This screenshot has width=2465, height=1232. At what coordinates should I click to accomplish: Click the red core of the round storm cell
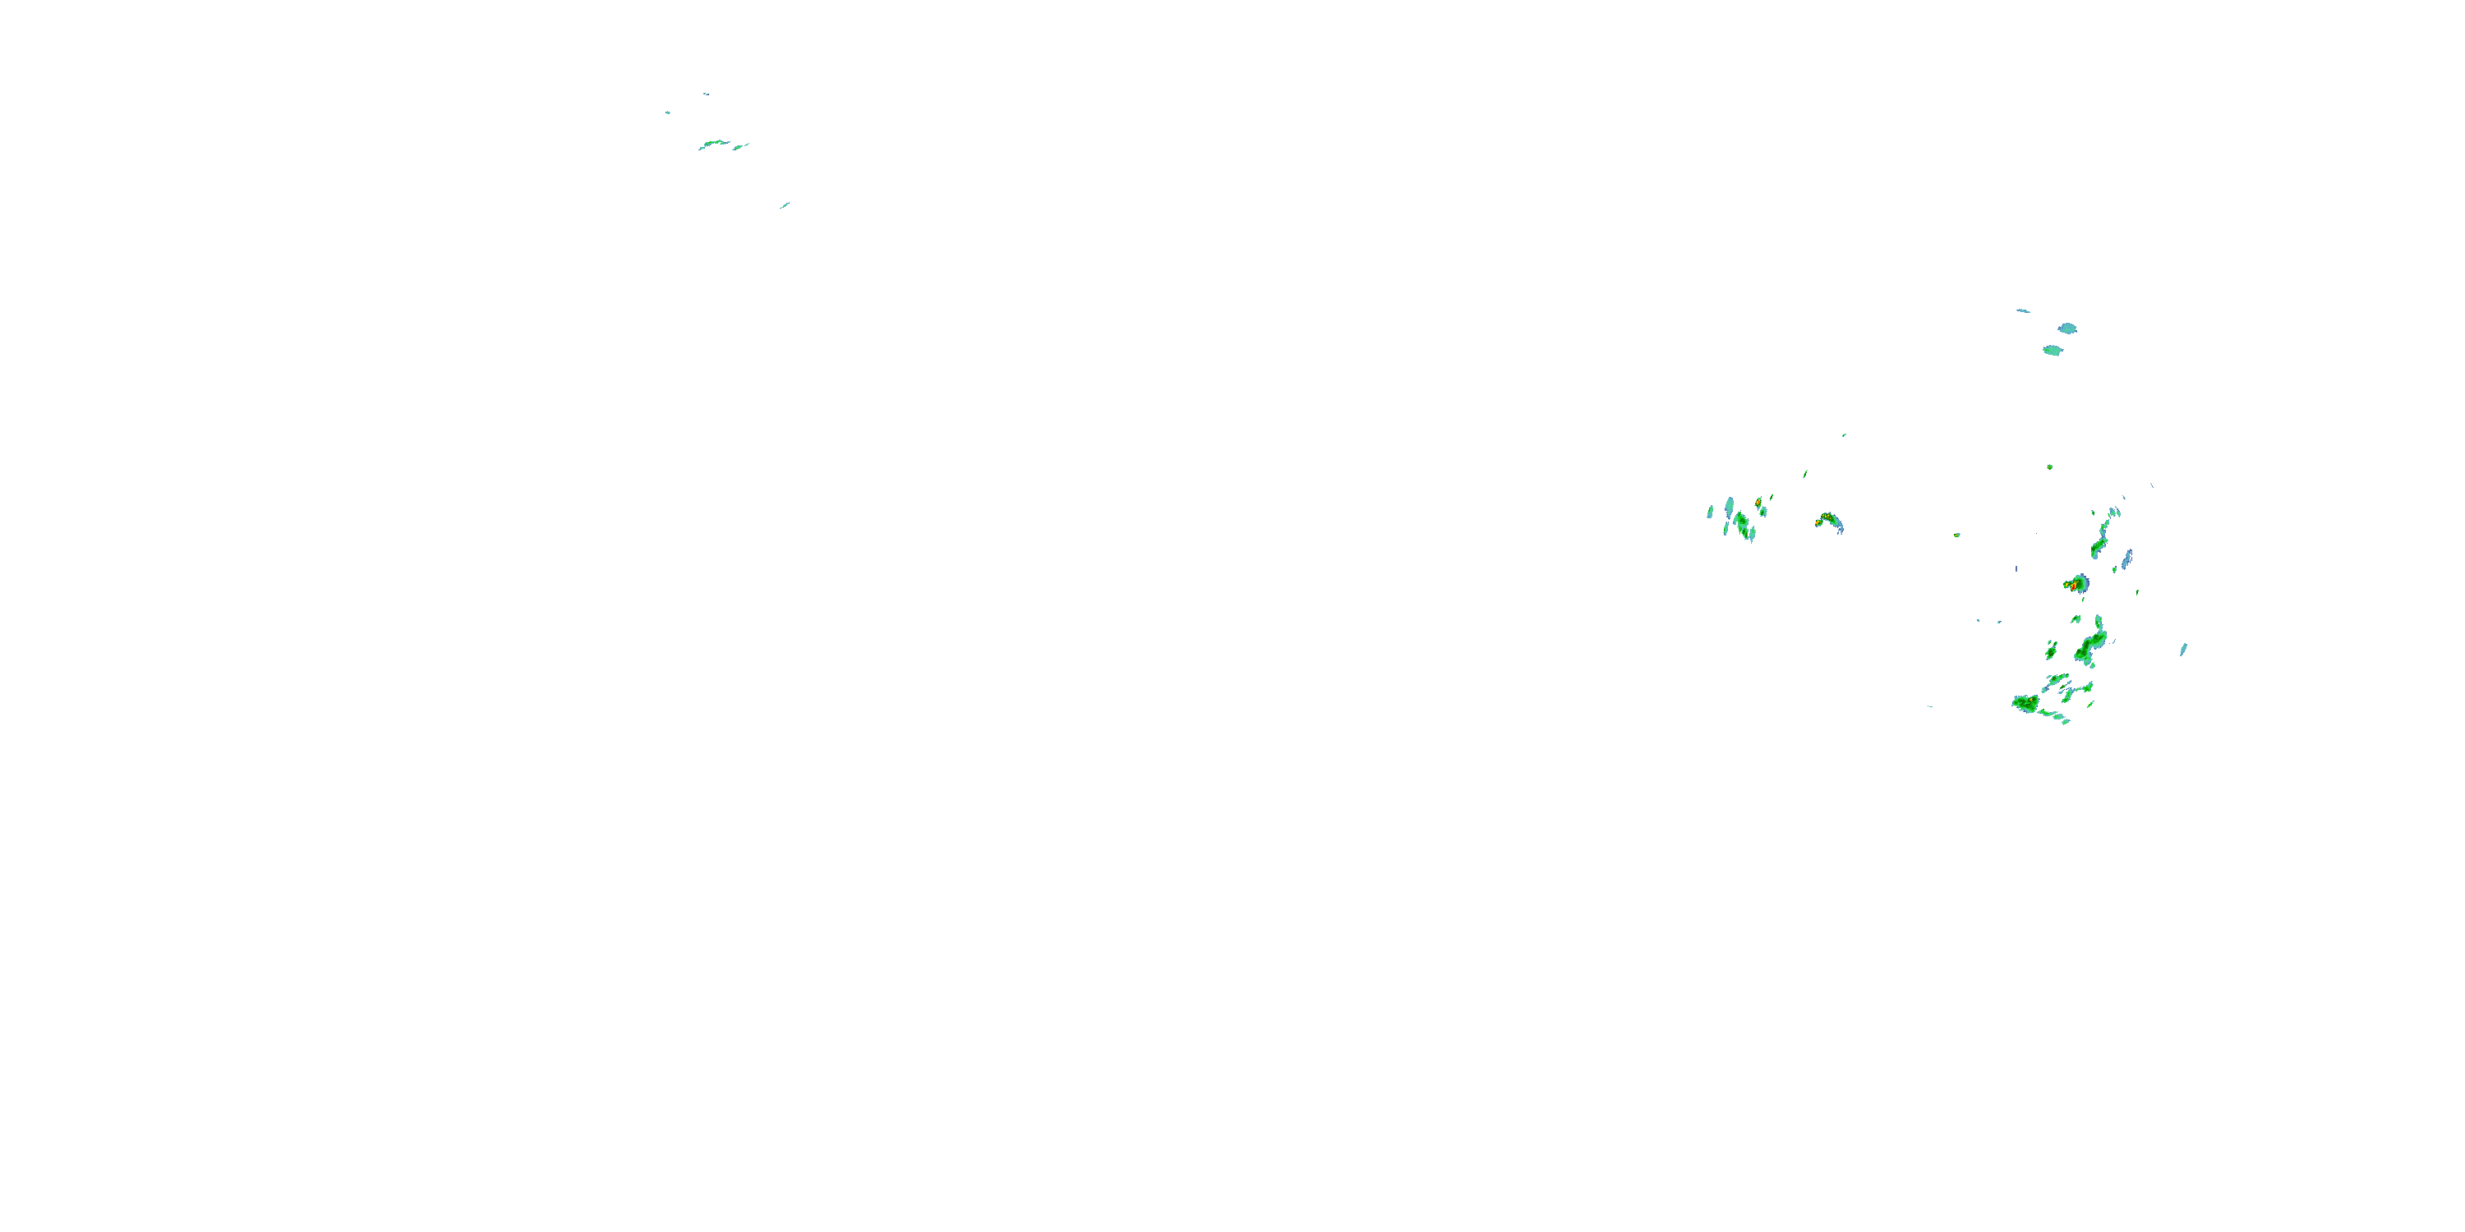pyautogui.click(x=2073, y=583)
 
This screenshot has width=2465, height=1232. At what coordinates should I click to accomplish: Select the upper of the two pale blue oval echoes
pyautogui.click(x=2068, y=328)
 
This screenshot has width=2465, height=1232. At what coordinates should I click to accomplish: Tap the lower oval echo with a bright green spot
pyautogui.click(x=2053, y=350)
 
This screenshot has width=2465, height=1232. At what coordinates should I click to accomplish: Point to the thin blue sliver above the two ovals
pyautogui.click(x=2023, y=310)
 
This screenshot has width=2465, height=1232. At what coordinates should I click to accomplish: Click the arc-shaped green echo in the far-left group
pyautogui.click(x=714, y=145)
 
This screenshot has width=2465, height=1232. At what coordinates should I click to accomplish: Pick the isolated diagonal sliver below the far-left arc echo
pyautogui.click(x=785, y=205)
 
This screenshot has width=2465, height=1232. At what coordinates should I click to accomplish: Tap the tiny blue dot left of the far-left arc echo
pyautogui.click(x=668, y=113)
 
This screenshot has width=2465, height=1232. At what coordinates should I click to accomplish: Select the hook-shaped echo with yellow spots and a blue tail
pyautogui.click(x=1831, y=522)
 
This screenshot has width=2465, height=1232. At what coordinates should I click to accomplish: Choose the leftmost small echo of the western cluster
pyautogui.click(x=1710, y=513)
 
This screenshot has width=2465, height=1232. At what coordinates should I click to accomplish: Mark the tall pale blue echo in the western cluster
pyautogui.click(x=1729, y=506)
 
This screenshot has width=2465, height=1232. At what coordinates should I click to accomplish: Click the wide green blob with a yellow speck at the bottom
pyautogui.click(x=2025, y=703)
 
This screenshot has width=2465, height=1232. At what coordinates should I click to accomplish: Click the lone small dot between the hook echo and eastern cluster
pyautogui.click(x=1957, y=535)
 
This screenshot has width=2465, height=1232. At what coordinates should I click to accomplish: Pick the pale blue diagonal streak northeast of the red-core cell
pyautogui.click(x=2126, y=559)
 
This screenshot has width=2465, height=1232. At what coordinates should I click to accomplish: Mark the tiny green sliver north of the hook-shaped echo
pyautogui.click(x=1804, y=472)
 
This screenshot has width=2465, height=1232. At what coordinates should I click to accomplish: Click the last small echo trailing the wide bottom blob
pyautogui.click(x=2066, y=722)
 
